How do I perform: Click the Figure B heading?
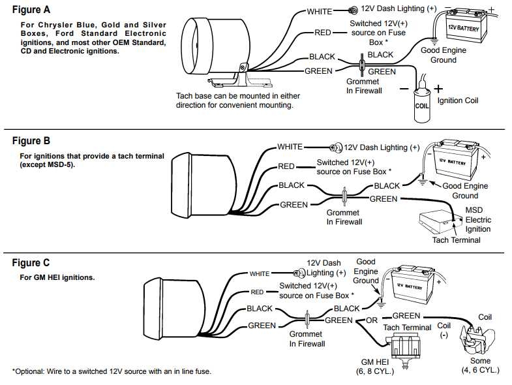point(31,141)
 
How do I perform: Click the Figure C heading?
point(31,263)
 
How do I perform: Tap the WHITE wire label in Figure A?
point(320,12)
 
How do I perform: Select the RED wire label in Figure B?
point(286,166)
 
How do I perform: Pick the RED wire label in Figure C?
point(257,292)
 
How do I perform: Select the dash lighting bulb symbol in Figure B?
point(337,148)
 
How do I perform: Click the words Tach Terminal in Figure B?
point(456,239)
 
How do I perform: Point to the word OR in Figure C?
point(372,320)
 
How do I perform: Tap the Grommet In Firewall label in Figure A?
point(363,86)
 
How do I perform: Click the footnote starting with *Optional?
point(112,371)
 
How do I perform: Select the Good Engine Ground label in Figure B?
point(465,191)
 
